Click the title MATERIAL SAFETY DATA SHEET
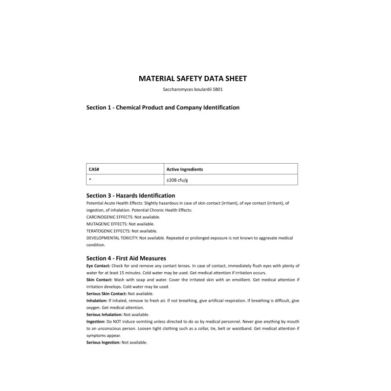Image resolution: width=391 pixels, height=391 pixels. click(x=193, y=78)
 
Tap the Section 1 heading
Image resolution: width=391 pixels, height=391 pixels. click(x=163, y=108)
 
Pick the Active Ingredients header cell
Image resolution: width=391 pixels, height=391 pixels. click(x=185, y=169)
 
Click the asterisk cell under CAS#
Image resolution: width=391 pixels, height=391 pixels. click(x=90, y=180)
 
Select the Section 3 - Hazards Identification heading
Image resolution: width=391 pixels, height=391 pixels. click(x=130, y=195)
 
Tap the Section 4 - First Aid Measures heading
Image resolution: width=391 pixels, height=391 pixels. click(x=126, y=258)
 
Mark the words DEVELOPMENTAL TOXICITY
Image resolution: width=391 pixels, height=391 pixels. click(x=112, y=238)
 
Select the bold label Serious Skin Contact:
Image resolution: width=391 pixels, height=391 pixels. click(x=107, y=294)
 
